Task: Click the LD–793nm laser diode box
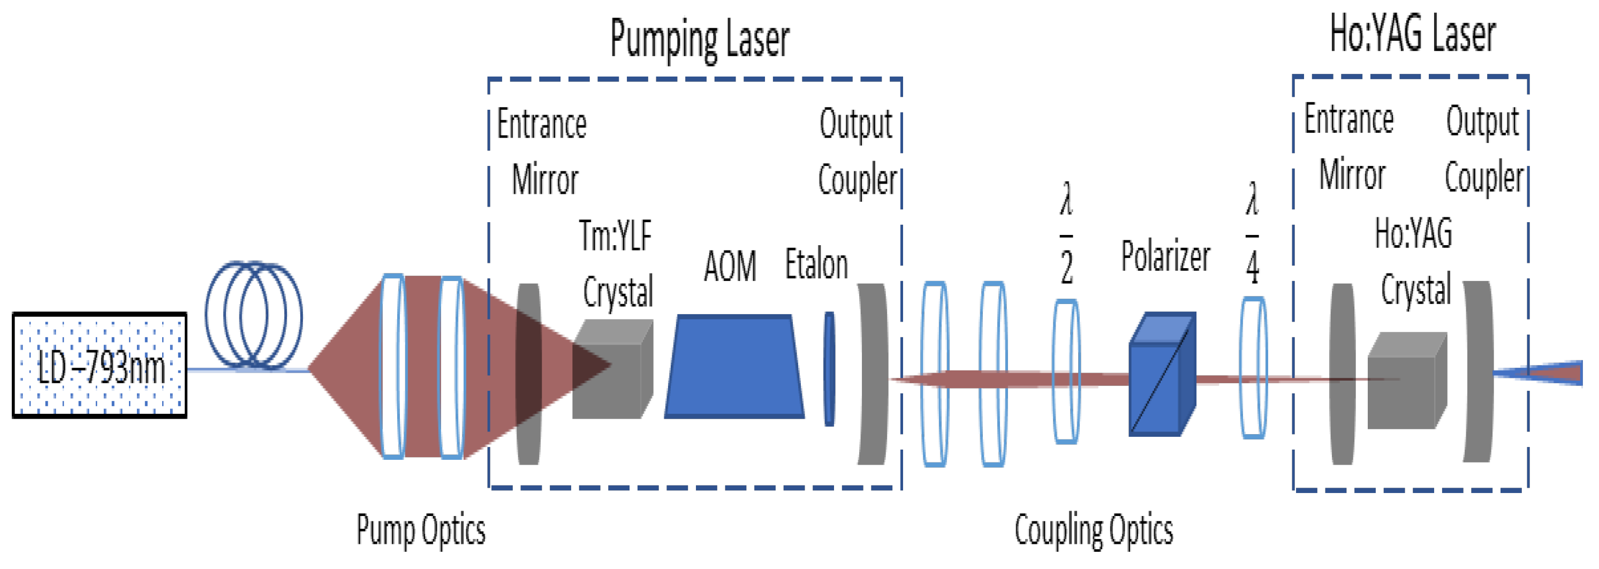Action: pos(100,365)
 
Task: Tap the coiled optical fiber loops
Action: pos(254,316)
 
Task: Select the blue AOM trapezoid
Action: pos(734,367)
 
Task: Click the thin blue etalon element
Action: pos(829,369)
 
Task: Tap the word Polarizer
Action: pos(1165,256)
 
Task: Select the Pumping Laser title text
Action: pos(700,39)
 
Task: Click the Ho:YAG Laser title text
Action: pos(1412,34)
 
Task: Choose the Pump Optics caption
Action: pos(421,530)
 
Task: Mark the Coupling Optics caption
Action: pos(1094,530)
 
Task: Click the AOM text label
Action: pos(730,267)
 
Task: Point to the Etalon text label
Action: pos(816,264)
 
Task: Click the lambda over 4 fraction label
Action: pos(1252,234)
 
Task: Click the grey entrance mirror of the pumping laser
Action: pos(529,374)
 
